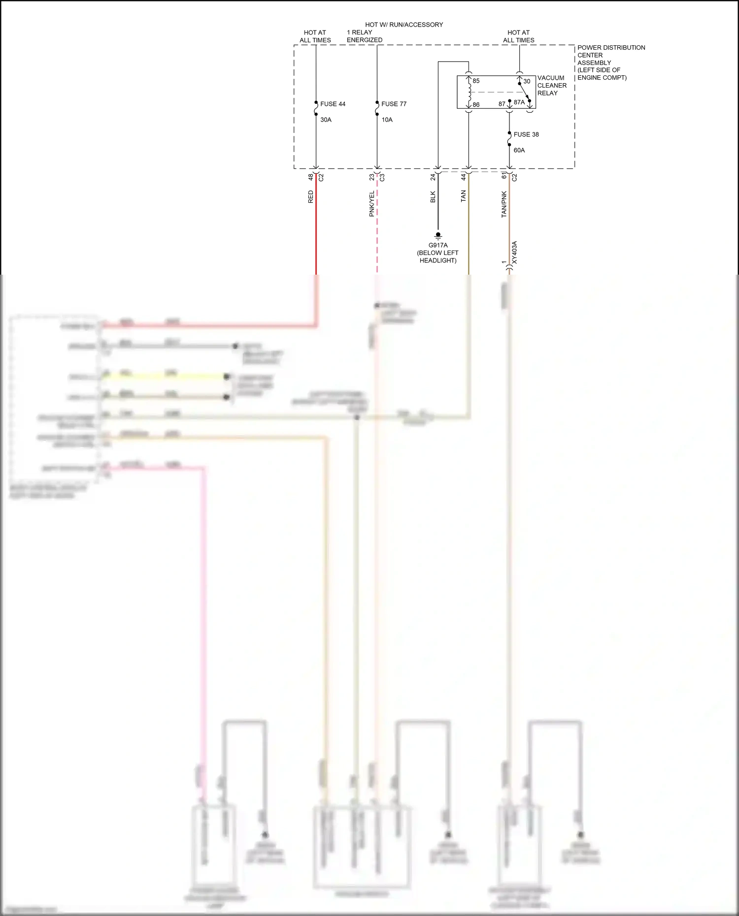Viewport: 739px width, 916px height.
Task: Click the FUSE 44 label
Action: pyautogui.click(x=333, y=104)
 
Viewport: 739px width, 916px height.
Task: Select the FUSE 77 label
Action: pyautogui.click(x=394, y=104)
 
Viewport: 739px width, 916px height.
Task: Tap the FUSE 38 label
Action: pyautogui.click(x=526, y=134)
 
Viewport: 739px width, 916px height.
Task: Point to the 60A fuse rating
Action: pyautogui.click(x=519, y=150)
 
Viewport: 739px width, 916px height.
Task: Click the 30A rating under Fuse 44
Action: pyautogui.click(x=326, y=120)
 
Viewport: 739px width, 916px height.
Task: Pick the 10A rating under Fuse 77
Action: pyautogui.click(x=387, y=120)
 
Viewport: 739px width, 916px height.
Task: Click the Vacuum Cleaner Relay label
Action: pyautogui.click(x=551, y=85)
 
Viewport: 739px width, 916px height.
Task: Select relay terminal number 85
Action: pyautogui.click(x=476, y=81)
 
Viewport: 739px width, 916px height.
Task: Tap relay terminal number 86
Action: pyautogui.click(x=476, y=105)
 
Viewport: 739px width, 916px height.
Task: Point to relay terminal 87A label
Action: pyautogui.click(x=519, y=102)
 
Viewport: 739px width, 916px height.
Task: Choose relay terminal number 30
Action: pyautogui.click(x=527, y=81)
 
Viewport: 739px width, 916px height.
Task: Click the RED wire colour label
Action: pyautogui.click(x=310, y=197)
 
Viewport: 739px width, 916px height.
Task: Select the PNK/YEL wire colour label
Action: pyautogui.click(x=371, y=204)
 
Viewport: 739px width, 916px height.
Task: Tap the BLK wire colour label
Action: pyautogui.click(x=433, y=197)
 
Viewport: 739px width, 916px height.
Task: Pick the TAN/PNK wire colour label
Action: pyautogui.click(x=504, y=204)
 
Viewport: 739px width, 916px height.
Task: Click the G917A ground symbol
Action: pyautogui.click(x=438, y=236)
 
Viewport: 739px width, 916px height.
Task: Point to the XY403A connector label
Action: pyautogui.click(x=514, y=253)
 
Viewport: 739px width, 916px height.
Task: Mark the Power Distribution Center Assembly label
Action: pyautogui.click(x=611, y=63)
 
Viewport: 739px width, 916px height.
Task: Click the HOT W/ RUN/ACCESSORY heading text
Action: pyautogui.click(x=404, y=25)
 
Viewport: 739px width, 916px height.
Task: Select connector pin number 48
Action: pyautogui.click(x=310, y=177)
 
